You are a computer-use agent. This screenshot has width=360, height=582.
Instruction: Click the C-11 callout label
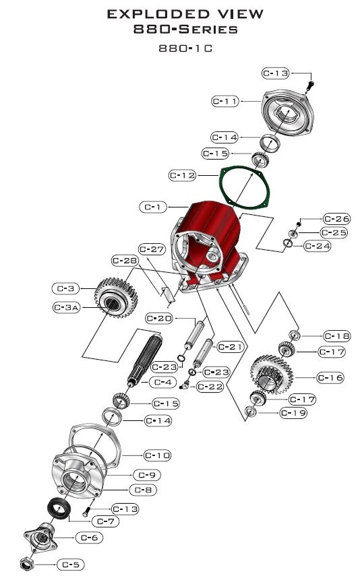pyautogui.click(x=225, y=101)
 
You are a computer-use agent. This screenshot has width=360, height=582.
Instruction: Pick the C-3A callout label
pyautogui.click(x=67, y=307)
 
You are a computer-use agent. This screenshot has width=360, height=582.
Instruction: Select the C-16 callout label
pyautogui.click(x=330, y=378)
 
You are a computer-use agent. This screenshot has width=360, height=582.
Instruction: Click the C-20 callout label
pyautogui.click(x=160, y=318)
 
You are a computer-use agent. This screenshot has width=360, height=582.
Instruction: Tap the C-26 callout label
pyautogui.click(x=336, y=218)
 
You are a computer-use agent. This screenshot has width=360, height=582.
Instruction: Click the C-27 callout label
pyautogui.click(x=152, y=249)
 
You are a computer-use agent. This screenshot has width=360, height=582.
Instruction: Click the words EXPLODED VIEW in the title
pyautogui.click(x=180, y=13)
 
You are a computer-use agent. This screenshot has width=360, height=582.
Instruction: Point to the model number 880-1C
pyautogui.click(x=179, y=48)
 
